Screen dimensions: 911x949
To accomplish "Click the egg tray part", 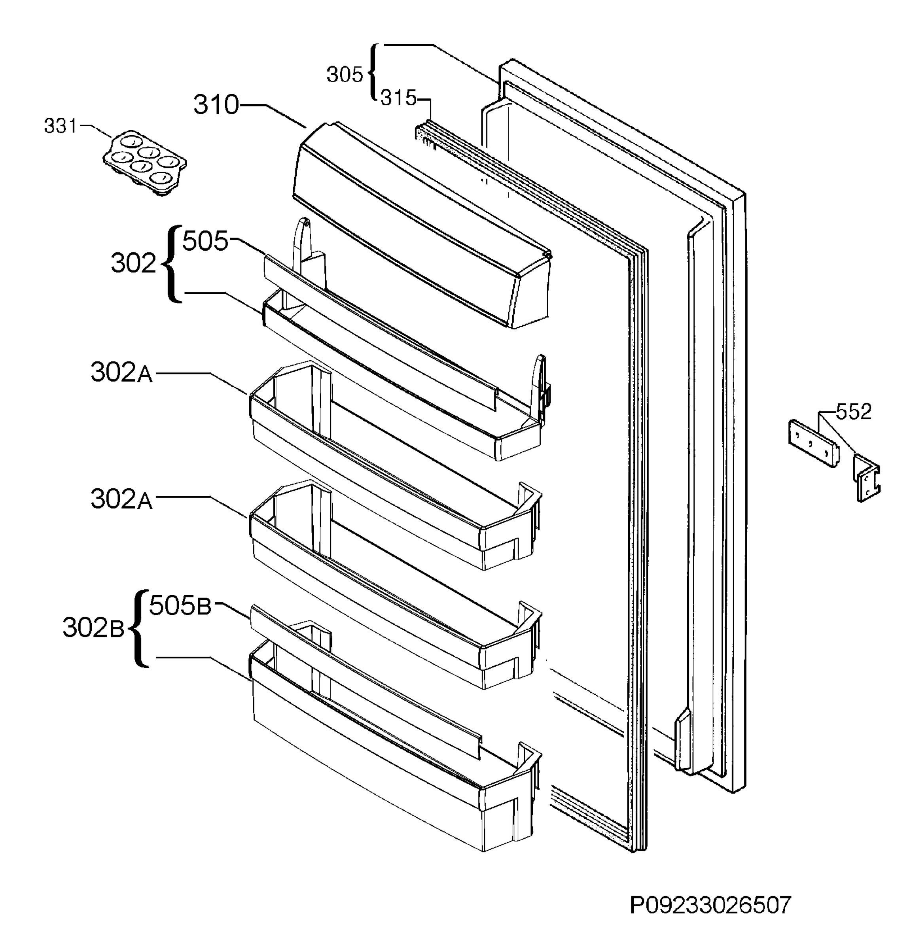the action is pos(145,162).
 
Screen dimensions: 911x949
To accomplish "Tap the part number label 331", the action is pos(60,127).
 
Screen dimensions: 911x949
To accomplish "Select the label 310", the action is pos(216,105).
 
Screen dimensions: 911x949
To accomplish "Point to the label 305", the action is pos(345,75).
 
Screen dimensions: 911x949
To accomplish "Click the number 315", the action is pos(398,98).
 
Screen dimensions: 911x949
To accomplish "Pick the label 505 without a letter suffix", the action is pos(205,241).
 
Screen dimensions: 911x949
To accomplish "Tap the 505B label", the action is pos(180,606).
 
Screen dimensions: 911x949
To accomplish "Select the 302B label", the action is pos(93,628).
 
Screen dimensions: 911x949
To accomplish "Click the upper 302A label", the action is pos(121,373).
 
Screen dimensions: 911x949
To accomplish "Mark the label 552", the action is pos(853,412).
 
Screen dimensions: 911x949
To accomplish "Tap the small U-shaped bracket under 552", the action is pos(866,477).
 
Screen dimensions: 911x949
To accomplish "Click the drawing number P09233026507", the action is pos(710,905).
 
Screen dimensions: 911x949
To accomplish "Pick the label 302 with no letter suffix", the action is pos(133,264).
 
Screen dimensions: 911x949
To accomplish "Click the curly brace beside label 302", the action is pos(172,264).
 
